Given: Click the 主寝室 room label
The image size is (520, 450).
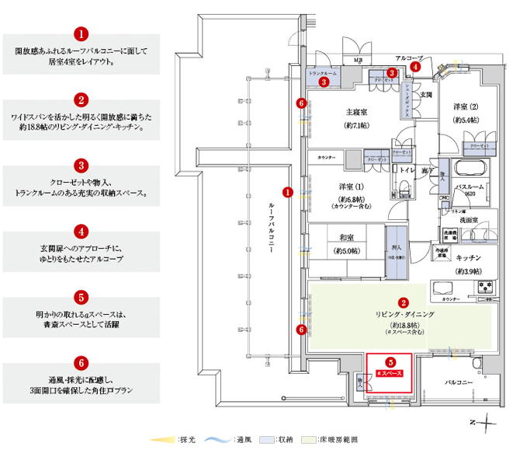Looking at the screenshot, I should point(356,111).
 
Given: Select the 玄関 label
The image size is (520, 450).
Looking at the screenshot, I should point(426,94).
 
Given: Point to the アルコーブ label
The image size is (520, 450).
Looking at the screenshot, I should point(408,58).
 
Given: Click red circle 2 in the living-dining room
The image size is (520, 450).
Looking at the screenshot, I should point(403,302).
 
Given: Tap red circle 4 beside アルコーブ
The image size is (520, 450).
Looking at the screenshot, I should point(416,67).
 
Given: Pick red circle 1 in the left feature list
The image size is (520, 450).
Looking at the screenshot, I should point(81,35).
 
